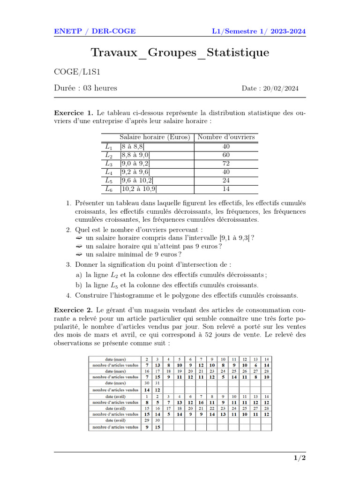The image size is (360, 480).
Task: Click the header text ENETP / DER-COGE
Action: [x=95, y=31]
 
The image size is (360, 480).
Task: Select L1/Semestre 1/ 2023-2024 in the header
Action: [x=259, y=31]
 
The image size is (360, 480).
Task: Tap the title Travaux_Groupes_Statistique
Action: [x=180, y=52]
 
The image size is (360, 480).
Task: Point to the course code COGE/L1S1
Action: [x=78, y=72]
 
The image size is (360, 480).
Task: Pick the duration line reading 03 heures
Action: [x=86, y=88]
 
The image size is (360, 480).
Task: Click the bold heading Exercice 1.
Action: [x=74, y=113]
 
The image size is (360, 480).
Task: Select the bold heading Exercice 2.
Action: [x=74, y=310]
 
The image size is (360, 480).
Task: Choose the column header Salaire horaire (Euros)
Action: [x=155, y=137]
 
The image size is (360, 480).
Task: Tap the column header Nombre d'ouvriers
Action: [x=226, y=137]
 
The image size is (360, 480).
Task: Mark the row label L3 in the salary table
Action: [x=109, y=164]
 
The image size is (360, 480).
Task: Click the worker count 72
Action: [x=226, y=164]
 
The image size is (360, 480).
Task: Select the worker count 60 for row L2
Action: [x=226, y=155]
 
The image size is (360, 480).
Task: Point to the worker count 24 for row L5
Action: [x=226, y=180]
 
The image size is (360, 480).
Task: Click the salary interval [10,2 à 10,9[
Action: [x=139, y=189]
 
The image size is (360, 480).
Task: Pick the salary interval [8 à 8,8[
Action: [x=132, y=146]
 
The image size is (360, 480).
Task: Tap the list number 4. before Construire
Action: [x=69, y=295]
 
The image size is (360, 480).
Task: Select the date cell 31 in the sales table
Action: [x=157, y=383]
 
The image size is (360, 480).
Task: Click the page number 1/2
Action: [x=300, y=458]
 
